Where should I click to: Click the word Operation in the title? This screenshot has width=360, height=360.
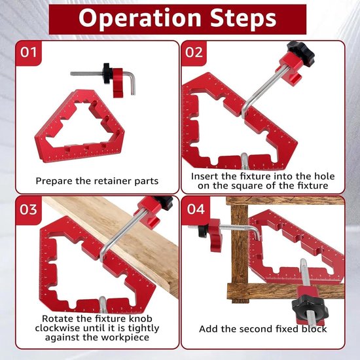pos(140,18)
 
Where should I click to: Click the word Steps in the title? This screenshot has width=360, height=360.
pos(243,18)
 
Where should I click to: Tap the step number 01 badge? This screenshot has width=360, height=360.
pos(28,52)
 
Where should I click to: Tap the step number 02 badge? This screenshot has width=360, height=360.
pos(194,52)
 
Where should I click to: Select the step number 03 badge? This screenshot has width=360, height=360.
pos(28,209)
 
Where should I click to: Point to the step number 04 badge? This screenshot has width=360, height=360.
pos(196,209)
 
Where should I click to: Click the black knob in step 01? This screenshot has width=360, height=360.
pos(107,73)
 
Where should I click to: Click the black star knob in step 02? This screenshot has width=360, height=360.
pos(301,54)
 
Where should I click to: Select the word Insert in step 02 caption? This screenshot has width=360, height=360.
pos(203,176)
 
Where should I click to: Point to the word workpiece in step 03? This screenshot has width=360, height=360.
pos(125,338)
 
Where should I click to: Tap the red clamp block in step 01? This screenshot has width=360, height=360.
pos(118,82)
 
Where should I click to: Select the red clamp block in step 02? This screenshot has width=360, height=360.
pos(290,69)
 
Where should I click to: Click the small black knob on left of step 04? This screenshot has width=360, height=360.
pos(203,230)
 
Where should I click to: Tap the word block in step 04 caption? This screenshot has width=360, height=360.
pos(314,329)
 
